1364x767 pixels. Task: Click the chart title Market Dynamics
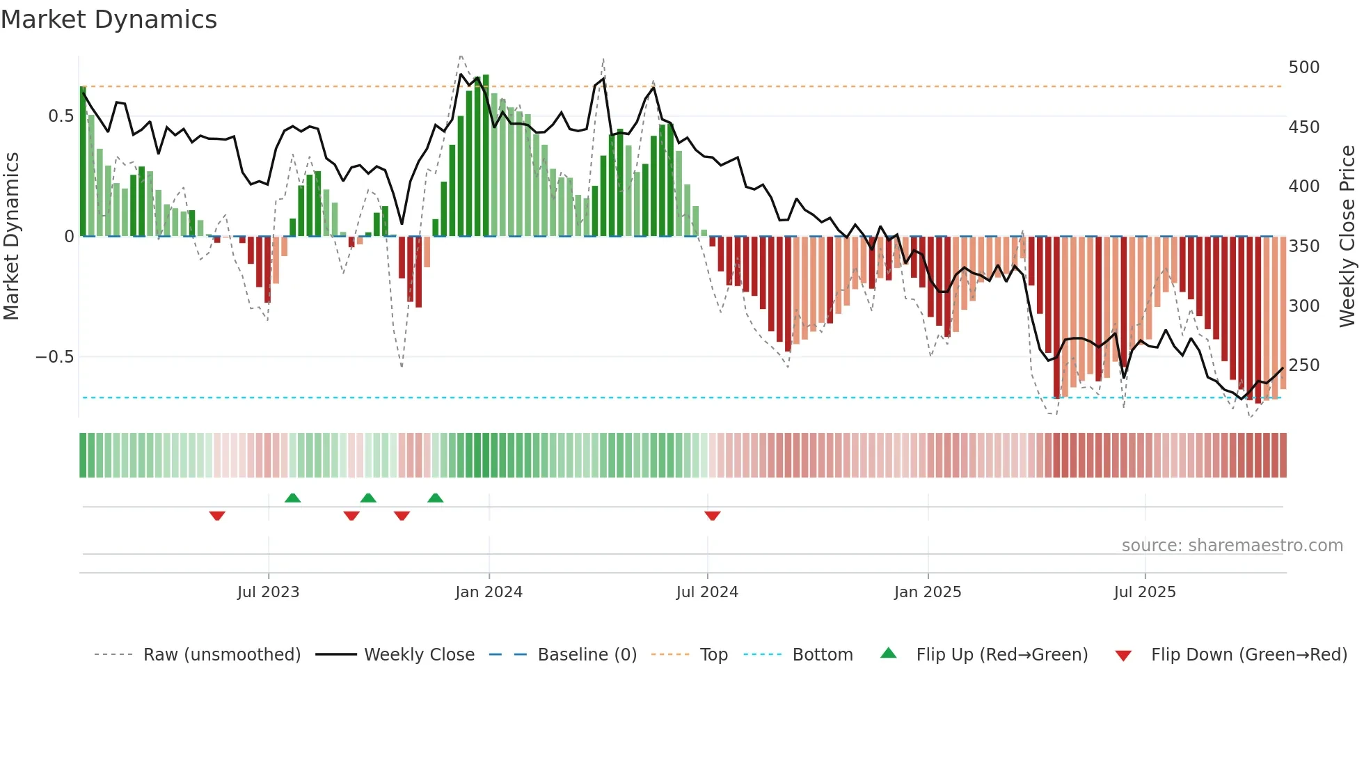click(x=109, y=19)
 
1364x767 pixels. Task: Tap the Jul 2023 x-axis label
click(x=268, y=592)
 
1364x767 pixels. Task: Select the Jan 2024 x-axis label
click(x=489, y=592)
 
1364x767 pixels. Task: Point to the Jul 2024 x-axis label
click(x=707, y=592)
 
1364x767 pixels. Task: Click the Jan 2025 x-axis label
click(x=928, y=592)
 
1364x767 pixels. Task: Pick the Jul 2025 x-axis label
click(x=1145, y=592)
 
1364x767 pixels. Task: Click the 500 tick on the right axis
click(x=1303, y=68)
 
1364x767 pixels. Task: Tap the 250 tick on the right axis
click(x=1303, y=365)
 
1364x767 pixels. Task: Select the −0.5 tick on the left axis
click(x=54, y=357)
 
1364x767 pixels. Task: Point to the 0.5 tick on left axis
click(x=61, y=116)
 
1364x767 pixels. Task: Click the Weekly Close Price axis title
click(x=1347, y=237)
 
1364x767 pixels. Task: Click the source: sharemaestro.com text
click(x=1232, y=546)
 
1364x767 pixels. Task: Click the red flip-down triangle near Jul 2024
click(x=712, y=516)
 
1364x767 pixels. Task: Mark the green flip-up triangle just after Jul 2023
click(x=293, y=498)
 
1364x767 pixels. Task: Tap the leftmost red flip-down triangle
click(x=217, y=516)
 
